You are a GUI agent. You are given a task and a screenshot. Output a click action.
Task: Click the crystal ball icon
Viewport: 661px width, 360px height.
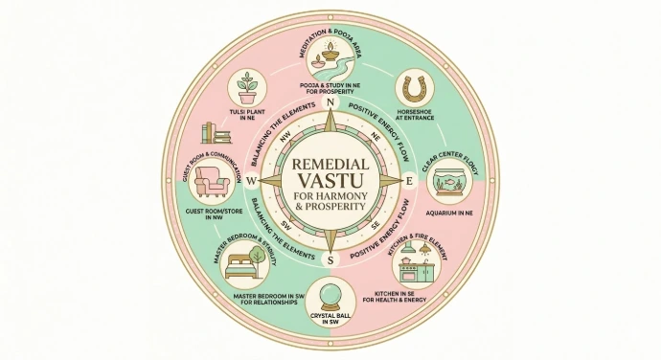pos(330,292)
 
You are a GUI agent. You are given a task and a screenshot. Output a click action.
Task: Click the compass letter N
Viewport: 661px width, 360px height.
pos(330,103)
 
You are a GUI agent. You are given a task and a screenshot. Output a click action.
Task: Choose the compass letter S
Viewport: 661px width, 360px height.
pos(330,259)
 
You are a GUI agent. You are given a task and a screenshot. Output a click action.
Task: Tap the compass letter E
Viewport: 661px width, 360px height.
pos(409,181)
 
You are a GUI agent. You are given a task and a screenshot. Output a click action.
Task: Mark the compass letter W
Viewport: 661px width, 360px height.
pos(251,181)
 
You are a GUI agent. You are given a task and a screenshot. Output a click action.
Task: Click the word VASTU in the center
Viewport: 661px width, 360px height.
pos(330,179)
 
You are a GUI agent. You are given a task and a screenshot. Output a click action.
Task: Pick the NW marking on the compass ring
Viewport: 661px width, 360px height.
pos(284,136)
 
